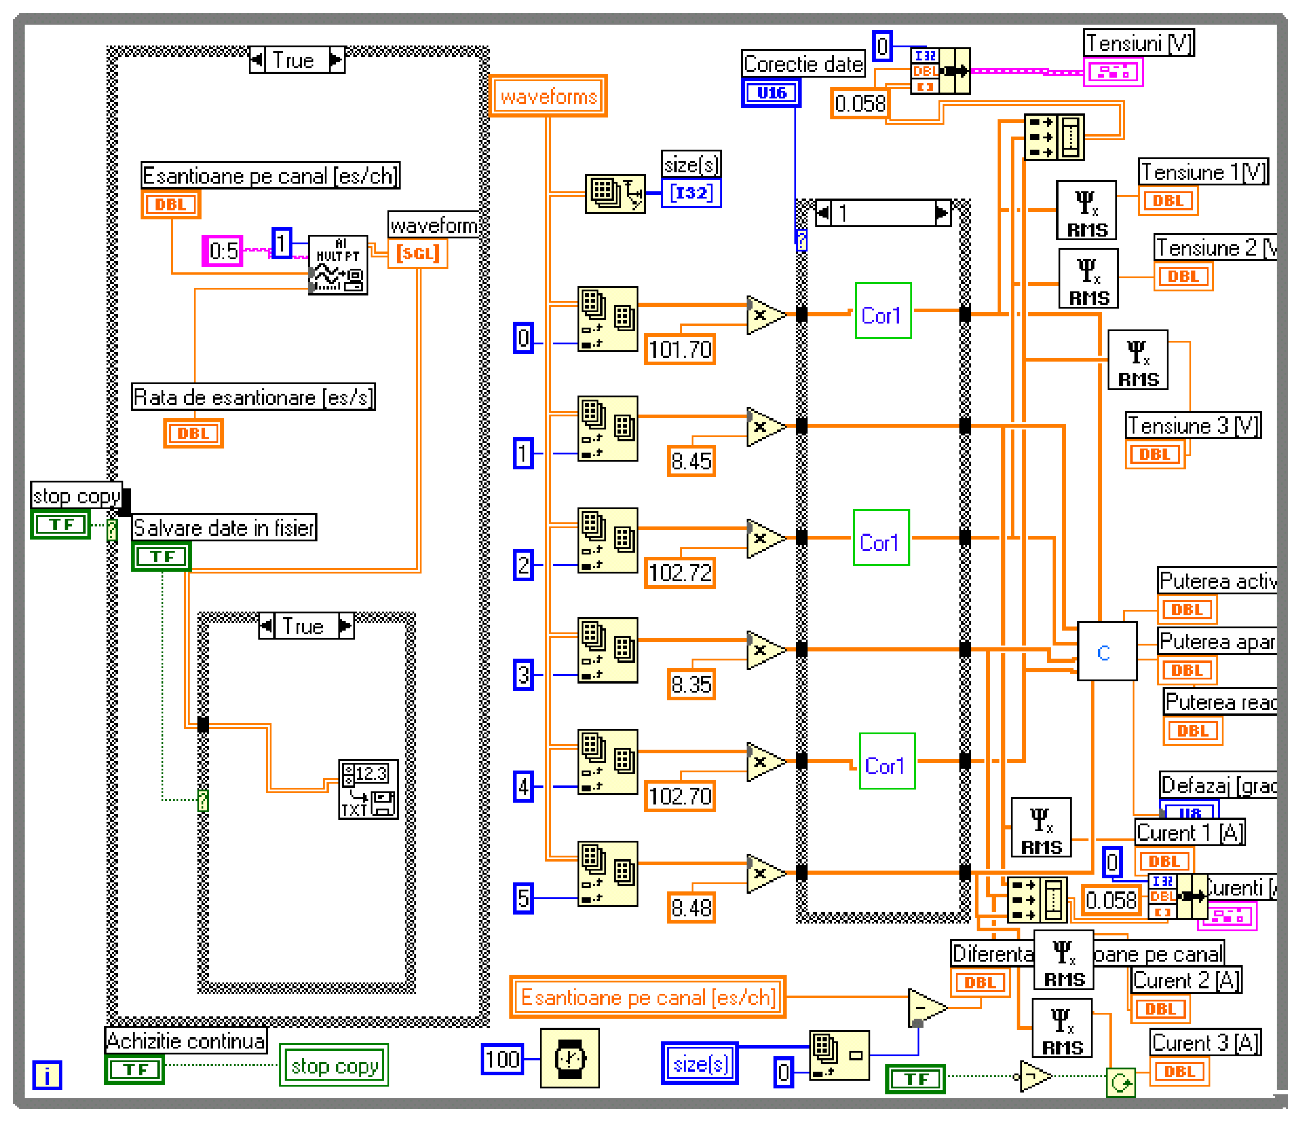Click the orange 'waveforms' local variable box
tap(548, 96)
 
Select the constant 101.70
tap(680, 349)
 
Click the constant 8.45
tap(691, 461)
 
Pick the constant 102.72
tap(680, 572)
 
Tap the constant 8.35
tap(691, 684)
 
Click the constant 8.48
tap(691, 908)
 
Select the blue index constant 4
tap(523, 786)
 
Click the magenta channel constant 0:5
tap(222, 251)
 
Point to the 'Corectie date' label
tap(802, 64)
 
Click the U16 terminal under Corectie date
tap(771, 93)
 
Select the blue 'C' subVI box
tap(1107, 652)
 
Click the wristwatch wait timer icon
tap(569, 1058)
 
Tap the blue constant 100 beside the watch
tap(502, 1059)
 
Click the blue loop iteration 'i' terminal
tap(47, 1075)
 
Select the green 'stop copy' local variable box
tap(334, 1065)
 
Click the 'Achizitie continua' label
tap(186, 1041)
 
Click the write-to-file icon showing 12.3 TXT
tap(368, 789)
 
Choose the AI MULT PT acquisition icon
tap(337, 265)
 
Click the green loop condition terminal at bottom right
tap(1121, 1082)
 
